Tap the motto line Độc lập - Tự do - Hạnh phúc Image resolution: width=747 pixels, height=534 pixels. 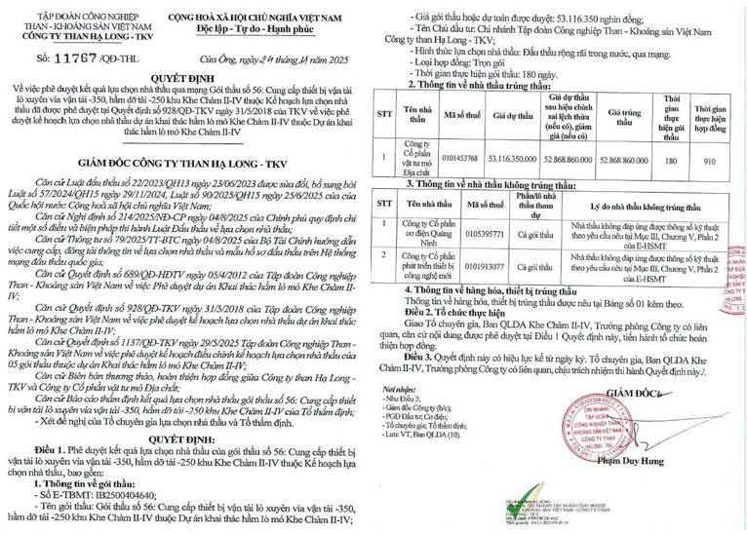coord(247,25)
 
